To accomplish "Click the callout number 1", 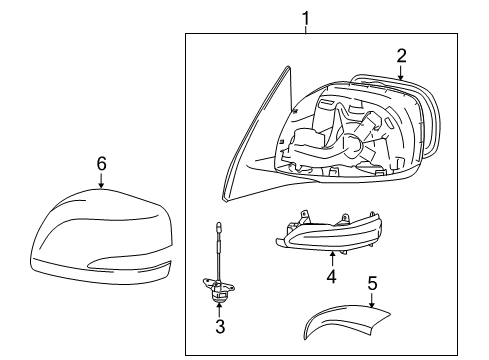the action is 305,18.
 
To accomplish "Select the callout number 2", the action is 401,56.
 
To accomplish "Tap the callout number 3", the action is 220,326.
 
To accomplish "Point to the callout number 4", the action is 331,277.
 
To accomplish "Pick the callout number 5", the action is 372,283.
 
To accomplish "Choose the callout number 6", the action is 101,164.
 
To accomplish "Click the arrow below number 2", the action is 401,72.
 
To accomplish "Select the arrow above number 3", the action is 219,309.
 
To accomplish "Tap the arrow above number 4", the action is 332,260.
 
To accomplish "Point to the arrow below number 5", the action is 372,300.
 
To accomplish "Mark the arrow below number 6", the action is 101,180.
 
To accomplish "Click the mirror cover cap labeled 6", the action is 101,237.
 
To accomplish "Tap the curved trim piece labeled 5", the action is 347,317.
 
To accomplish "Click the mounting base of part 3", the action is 218,288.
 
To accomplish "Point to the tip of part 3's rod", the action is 218,223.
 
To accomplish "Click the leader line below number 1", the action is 305,30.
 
